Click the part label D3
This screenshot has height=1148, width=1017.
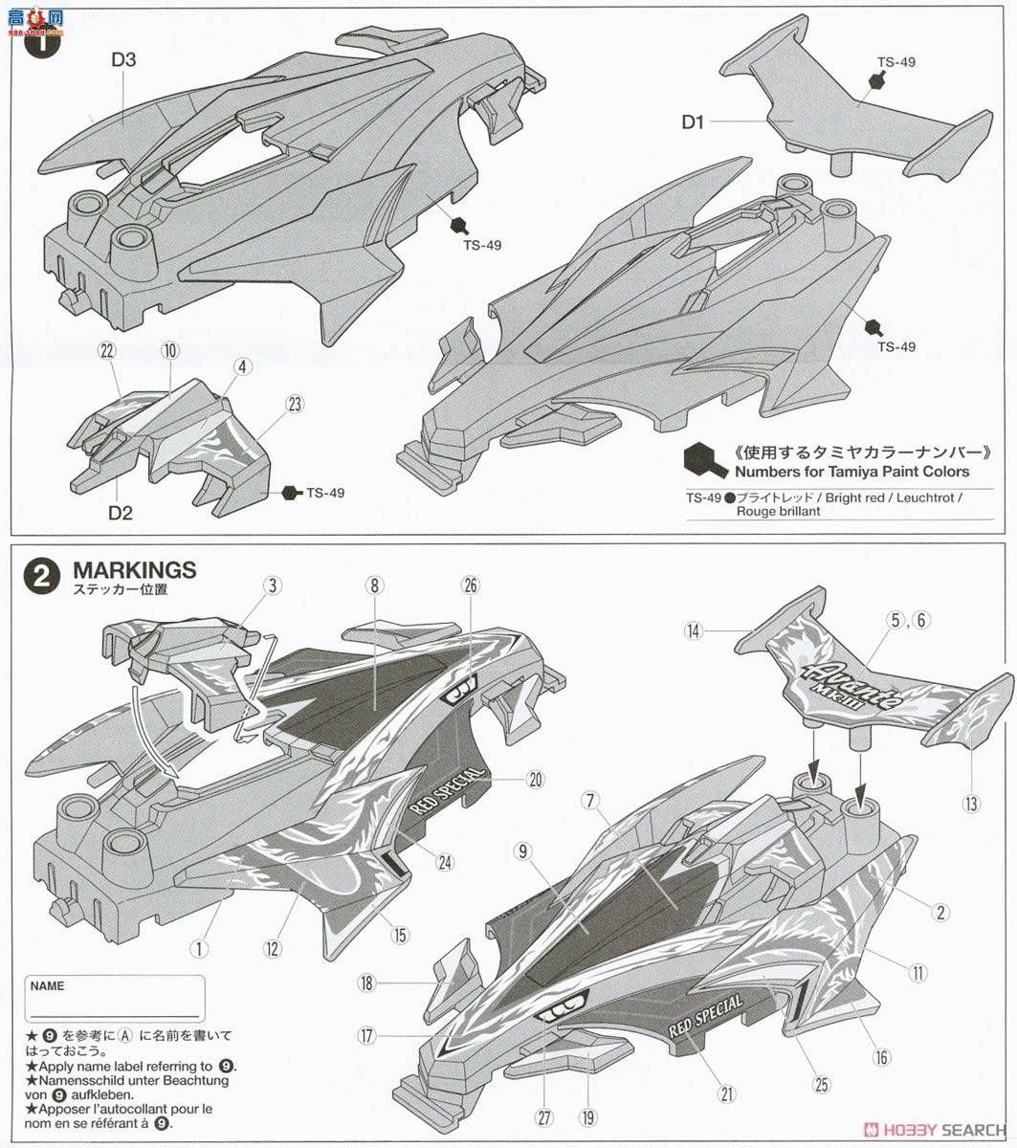[123, 59]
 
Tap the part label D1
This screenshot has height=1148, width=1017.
[693, 121]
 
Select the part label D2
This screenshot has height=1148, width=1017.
[121, 513]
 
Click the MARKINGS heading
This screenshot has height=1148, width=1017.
[135, 569]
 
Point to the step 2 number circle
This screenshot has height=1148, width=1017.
[42, 576]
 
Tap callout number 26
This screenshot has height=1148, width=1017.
[471, 585]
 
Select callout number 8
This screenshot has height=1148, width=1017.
[374, 585]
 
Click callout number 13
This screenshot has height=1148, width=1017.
[971, 804]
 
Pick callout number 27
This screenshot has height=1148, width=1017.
[544, 1118]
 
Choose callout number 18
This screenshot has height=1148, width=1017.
[367, 983]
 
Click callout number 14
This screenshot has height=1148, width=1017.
[694, 630]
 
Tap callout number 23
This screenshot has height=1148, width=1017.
[295, 405]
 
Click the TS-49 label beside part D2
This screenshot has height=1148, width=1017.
[325, 493]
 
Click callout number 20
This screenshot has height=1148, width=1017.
[536, 780]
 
